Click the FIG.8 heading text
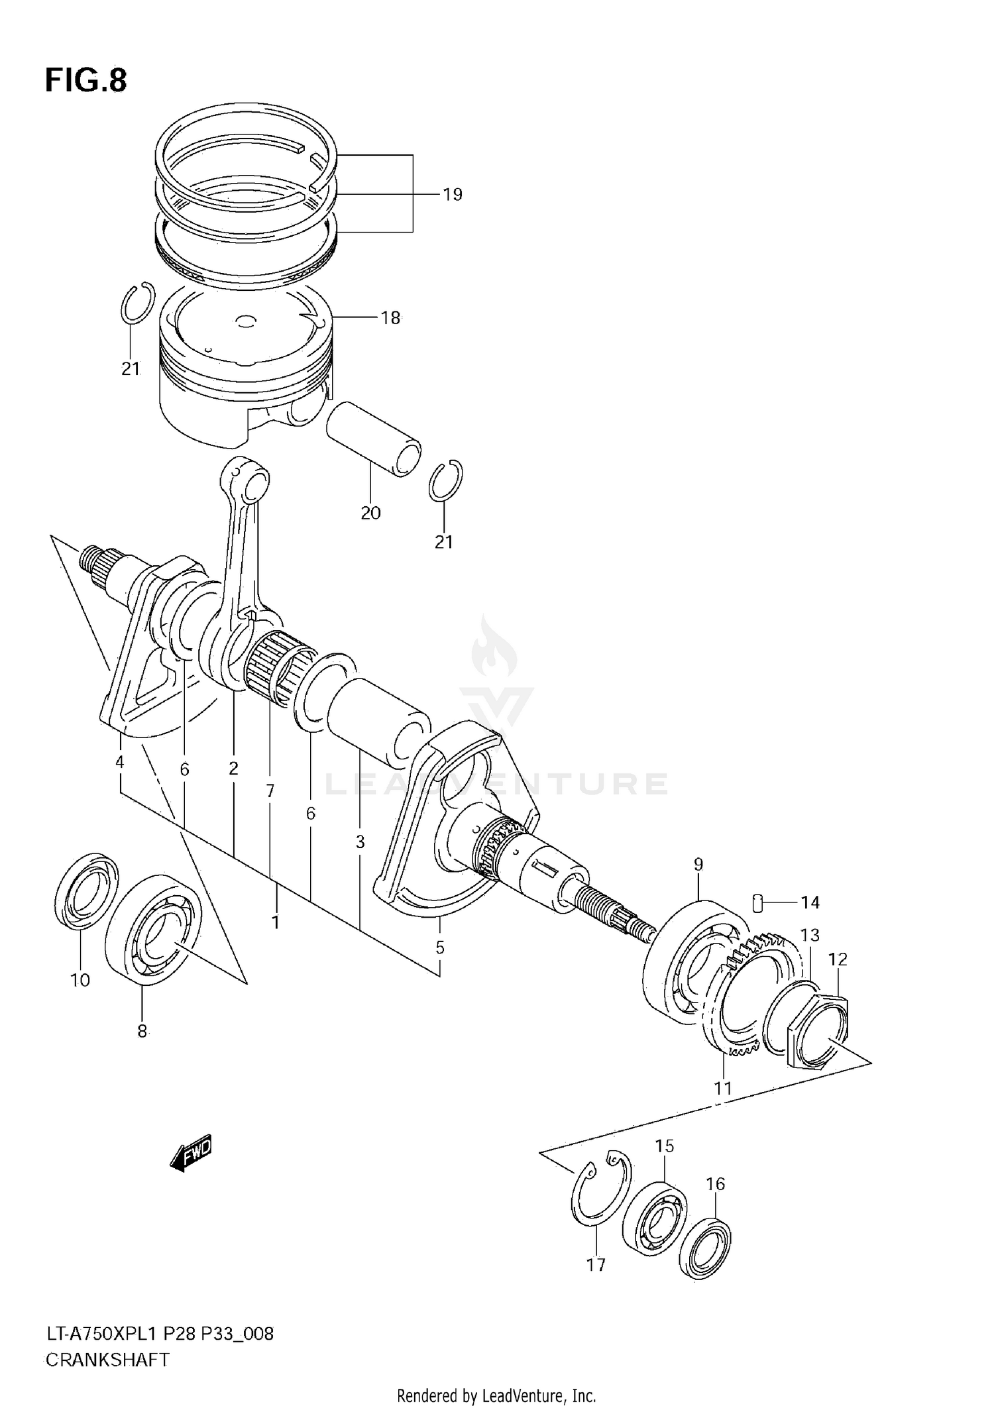(x=85, y=81)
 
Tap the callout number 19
(x=452, y=195)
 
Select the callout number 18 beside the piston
(x=390, y=318)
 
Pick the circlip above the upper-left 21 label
(x=138, y=303)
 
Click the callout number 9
(x=698, y=864)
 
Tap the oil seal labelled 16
(x=706, y=1246)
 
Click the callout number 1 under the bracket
(x=276, y=922)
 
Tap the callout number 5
(x=440, y=948)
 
